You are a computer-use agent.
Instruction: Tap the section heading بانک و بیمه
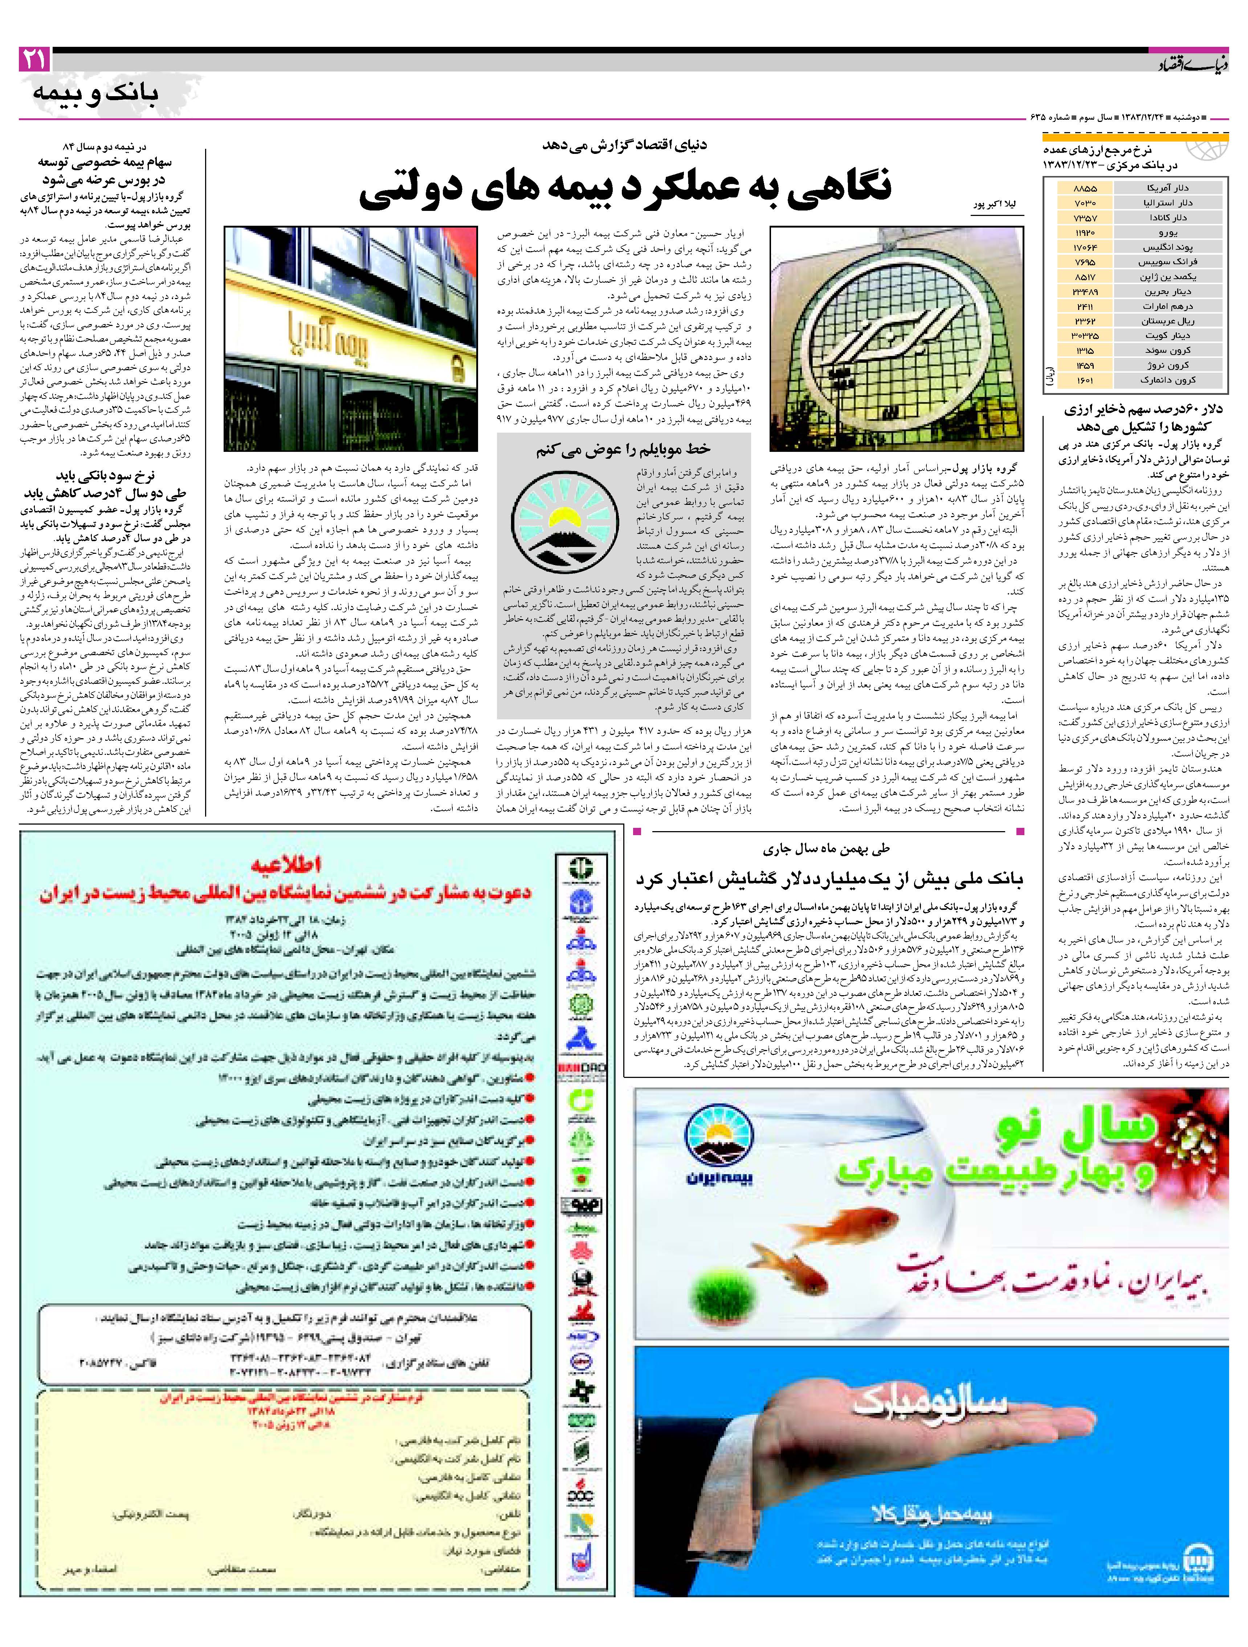(96, 94)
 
